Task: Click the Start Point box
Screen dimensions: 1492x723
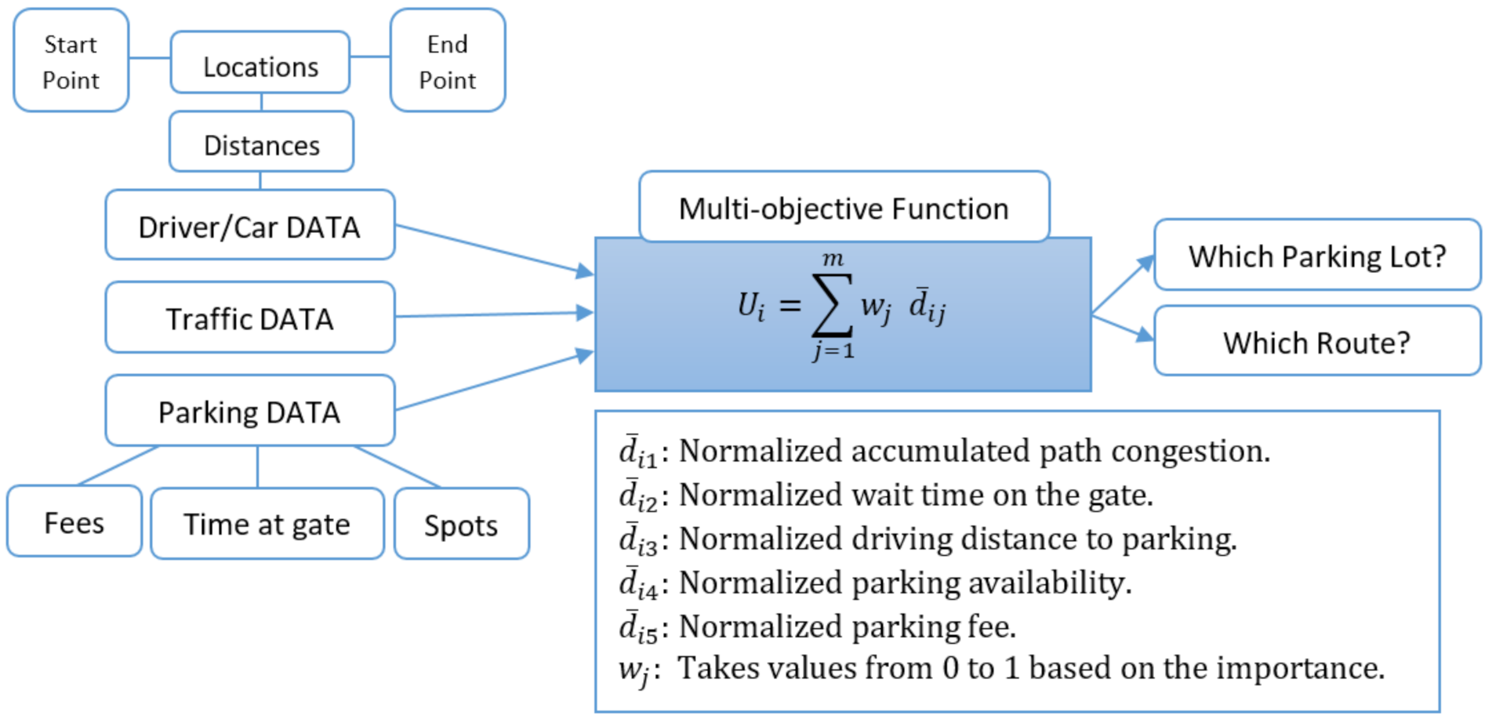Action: pyautogui.click(x=71, y=60)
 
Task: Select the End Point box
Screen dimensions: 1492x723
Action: pyautogui.click(x=448, y=60)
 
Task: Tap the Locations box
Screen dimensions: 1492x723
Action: pyautogui.click(x=260, y=63)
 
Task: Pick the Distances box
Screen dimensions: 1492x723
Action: pyautogui.click(x=261, y=142)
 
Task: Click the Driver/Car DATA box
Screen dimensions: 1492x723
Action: pyautogui.click(x=250, y=225)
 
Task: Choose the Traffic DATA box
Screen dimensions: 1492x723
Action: pyautogui.click(x=250, y=318)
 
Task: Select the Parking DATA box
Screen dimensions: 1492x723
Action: pyautogui.click(x=250, y=411)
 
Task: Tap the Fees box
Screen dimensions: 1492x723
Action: pyautogui.click(x=74, y=521)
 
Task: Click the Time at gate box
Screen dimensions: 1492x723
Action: pyautogui.click(x=267, y=524)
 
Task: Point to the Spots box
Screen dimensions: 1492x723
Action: pyautogui.click(x=462, y=524)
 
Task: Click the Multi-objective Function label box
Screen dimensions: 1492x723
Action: pyautogui.click(x=844, y=207)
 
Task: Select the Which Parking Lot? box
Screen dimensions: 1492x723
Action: pyautogui.click(x=1317, y=255)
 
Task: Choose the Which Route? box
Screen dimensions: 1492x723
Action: pyautogui.click(x=1317, y=341)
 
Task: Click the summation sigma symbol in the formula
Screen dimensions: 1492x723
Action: pyautogui.click(x=832, y=304)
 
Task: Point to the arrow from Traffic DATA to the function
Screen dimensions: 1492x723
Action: pyautogui.click(x=495, y=314)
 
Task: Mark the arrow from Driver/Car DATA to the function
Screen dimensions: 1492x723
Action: pyautogui.click(x=495, y=249)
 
